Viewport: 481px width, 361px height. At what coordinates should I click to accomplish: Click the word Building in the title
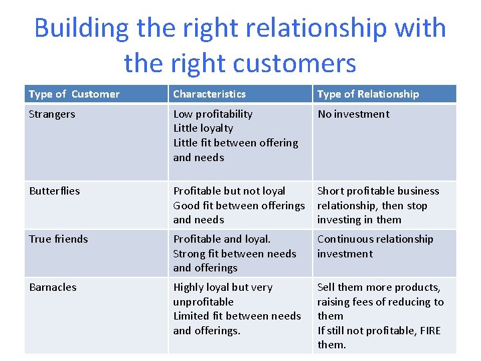(x=82, y=28)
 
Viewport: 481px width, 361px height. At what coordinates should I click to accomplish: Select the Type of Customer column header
(x=74, y=94)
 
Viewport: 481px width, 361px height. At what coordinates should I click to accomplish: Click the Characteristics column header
(x=209, y=94)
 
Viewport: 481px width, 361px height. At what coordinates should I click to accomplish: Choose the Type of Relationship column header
(x=368, y=94)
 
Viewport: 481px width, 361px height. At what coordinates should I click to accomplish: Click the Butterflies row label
(x=54, y=191)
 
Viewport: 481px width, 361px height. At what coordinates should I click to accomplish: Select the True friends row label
(x=58, y=239)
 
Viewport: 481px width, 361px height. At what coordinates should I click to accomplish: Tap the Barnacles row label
(x=53, y=287)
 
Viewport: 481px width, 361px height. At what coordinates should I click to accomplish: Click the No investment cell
(x=353, y=114)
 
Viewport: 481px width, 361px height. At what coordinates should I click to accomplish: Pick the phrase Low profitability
(x=212, y=114)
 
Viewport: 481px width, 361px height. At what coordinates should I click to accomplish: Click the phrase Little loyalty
(x=203, y=128)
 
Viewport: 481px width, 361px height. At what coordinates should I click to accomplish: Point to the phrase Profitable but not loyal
(x=229, y=191)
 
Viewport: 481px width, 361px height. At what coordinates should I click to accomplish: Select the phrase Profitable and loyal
(x=222, y=239)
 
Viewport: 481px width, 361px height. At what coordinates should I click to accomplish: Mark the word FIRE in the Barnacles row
(x=427, y=330)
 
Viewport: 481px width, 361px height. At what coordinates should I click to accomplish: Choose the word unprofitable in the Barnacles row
(x=203, y=302)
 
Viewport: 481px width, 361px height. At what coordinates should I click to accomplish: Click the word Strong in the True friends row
(x=189, y=254)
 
